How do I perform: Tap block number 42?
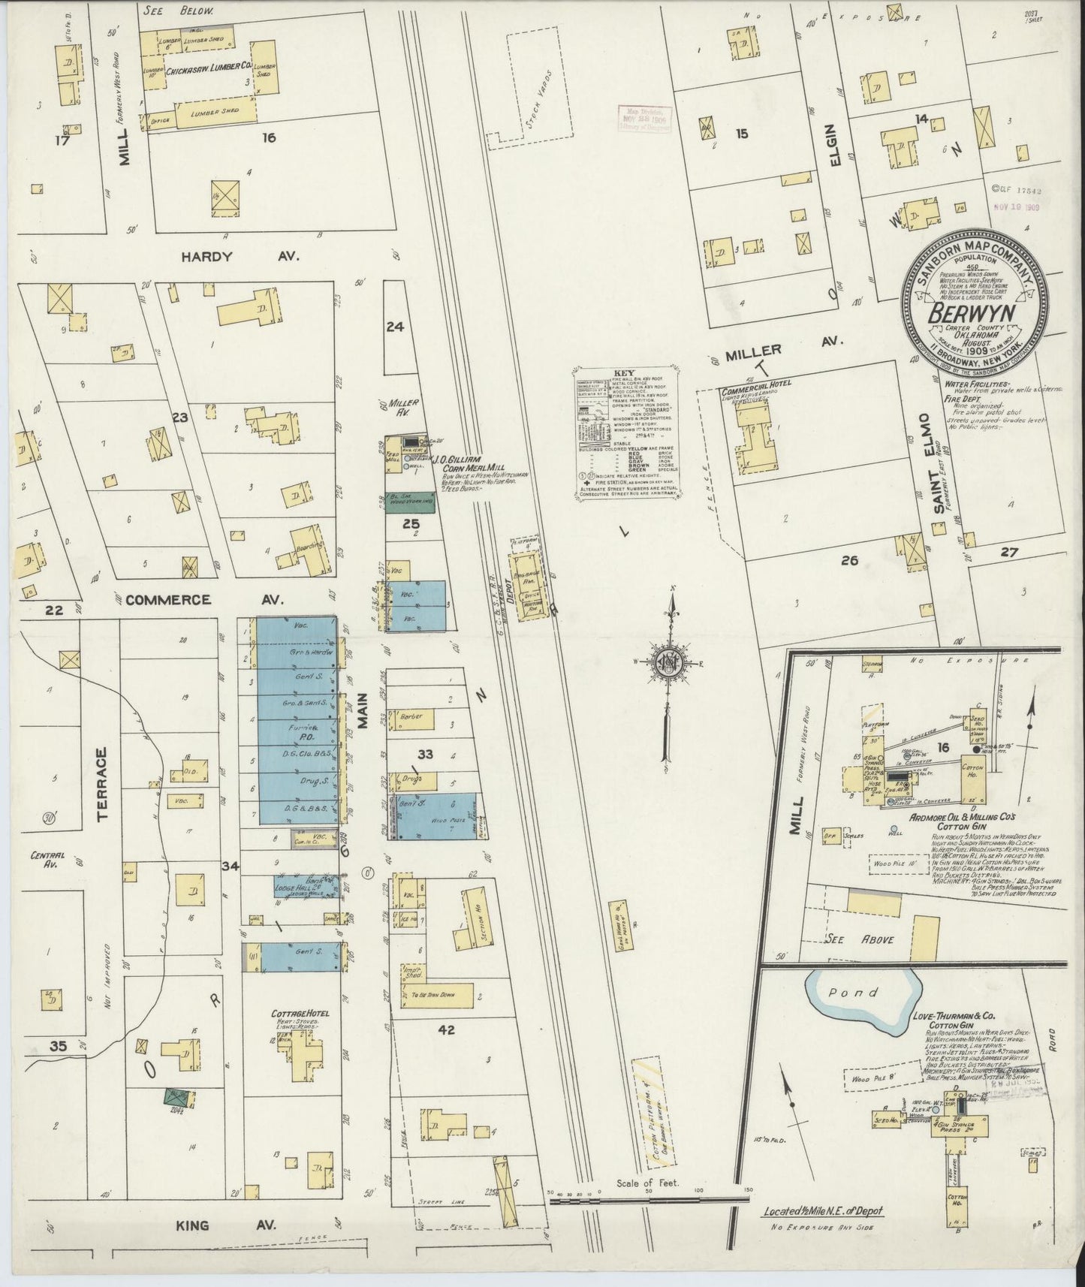pos(446,1030)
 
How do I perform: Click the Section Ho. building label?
pos(476,913)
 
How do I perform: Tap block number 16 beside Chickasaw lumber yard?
pos(268,137)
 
